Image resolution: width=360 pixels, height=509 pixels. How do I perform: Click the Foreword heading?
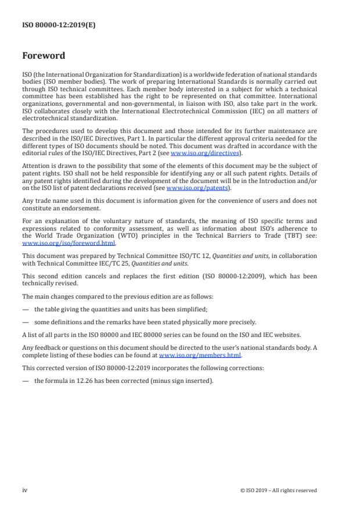pyautogui.click(x=44, y=56)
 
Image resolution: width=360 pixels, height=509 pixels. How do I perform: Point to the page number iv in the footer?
pyautogui.click(x=24, y=490)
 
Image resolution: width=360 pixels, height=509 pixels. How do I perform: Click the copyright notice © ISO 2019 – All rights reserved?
pyautogui.click(x=278, y=490)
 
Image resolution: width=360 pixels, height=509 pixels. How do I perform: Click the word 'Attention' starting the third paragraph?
pyautogui.click(x=35, y=165)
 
